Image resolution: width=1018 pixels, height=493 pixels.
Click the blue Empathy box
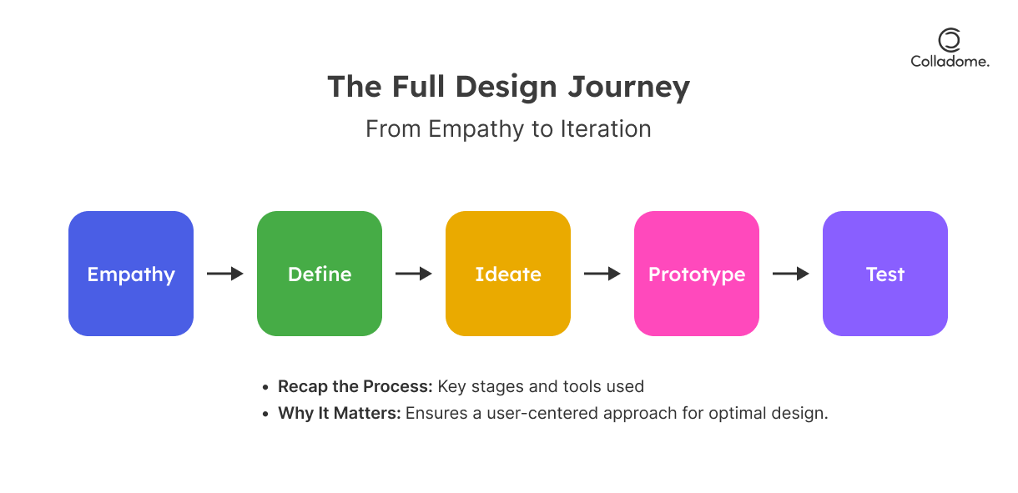tap(131, 274)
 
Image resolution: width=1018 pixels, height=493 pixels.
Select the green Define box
tap(320, 274)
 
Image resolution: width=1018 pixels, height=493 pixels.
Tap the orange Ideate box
tap(508, 274)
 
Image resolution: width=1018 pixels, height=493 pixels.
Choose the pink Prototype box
tap(697, 274)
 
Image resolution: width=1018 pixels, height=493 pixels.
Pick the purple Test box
tap(885, 274)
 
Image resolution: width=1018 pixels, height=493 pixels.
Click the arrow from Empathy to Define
tap(224, 274)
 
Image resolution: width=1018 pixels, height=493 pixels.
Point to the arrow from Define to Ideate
tap(413, 274)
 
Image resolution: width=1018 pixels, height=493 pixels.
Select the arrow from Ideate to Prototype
tap(602, 274)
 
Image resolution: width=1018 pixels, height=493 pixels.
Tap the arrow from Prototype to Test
tap(790, 274)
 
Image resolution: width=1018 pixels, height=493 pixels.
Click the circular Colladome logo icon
tap(950, 39)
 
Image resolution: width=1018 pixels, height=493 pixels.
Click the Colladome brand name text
tap(950, 61)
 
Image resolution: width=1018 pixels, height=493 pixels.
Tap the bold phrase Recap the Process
tap(355, 386)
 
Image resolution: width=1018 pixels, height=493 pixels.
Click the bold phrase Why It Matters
tap(340, 413)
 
